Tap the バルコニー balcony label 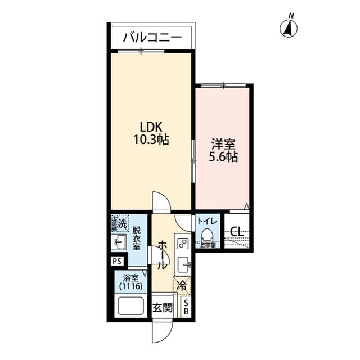pyautogui.click(x=152, y=38)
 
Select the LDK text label pyautogui.click(x=151, y=126)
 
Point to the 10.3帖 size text pyautogui.click(x=151, y=138)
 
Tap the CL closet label pyautogui.click(x=237, y=232)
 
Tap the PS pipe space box pyautogui.click(x=117, y=261)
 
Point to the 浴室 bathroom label pyautogui.click(x=130, y=277)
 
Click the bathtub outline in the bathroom pyautogui.click(x=130, y=307)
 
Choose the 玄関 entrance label pyautogui.click(x=163, y=308)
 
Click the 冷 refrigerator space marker pyautogui.click(x=182, y=286)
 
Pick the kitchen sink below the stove pyautogui.click(x=184, y=263)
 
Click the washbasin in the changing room pyautogui.click(x=119, y=243)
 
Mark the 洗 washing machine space pyautogui.click(x=119, y=223)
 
